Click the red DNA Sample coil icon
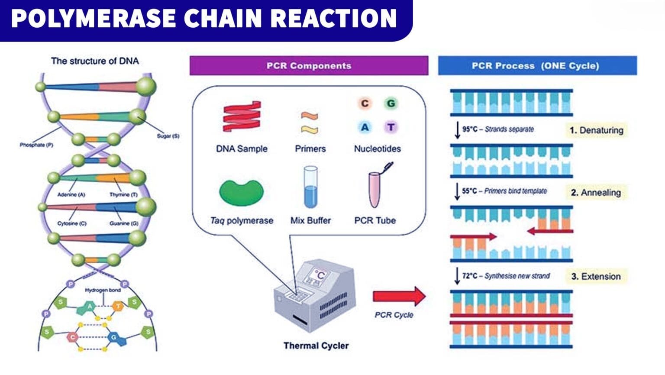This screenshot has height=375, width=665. (242, 116)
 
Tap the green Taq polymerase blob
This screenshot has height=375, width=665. (241, 193)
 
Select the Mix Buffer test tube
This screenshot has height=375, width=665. (310, 187)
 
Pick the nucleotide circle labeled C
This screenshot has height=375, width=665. (365, 103)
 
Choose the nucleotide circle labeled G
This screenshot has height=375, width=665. (391, 103)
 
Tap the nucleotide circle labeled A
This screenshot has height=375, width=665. (365, 127)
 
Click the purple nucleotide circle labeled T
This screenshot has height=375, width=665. (391, 127)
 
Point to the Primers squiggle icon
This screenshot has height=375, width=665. (310, 123)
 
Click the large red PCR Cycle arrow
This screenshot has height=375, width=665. (399, 296)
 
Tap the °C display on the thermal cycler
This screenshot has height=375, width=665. (320, 275)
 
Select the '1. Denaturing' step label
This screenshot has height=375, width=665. (596, 130)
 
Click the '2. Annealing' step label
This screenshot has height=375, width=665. (596, 193)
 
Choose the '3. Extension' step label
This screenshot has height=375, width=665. (596, 276)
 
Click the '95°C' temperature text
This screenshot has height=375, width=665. (469, 129)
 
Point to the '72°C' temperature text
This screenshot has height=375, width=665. (469, 276)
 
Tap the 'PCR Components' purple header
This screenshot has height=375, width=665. (309, 66)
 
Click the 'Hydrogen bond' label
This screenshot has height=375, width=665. (103, 290)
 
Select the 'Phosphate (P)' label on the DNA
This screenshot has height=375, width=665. (36, 145)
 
